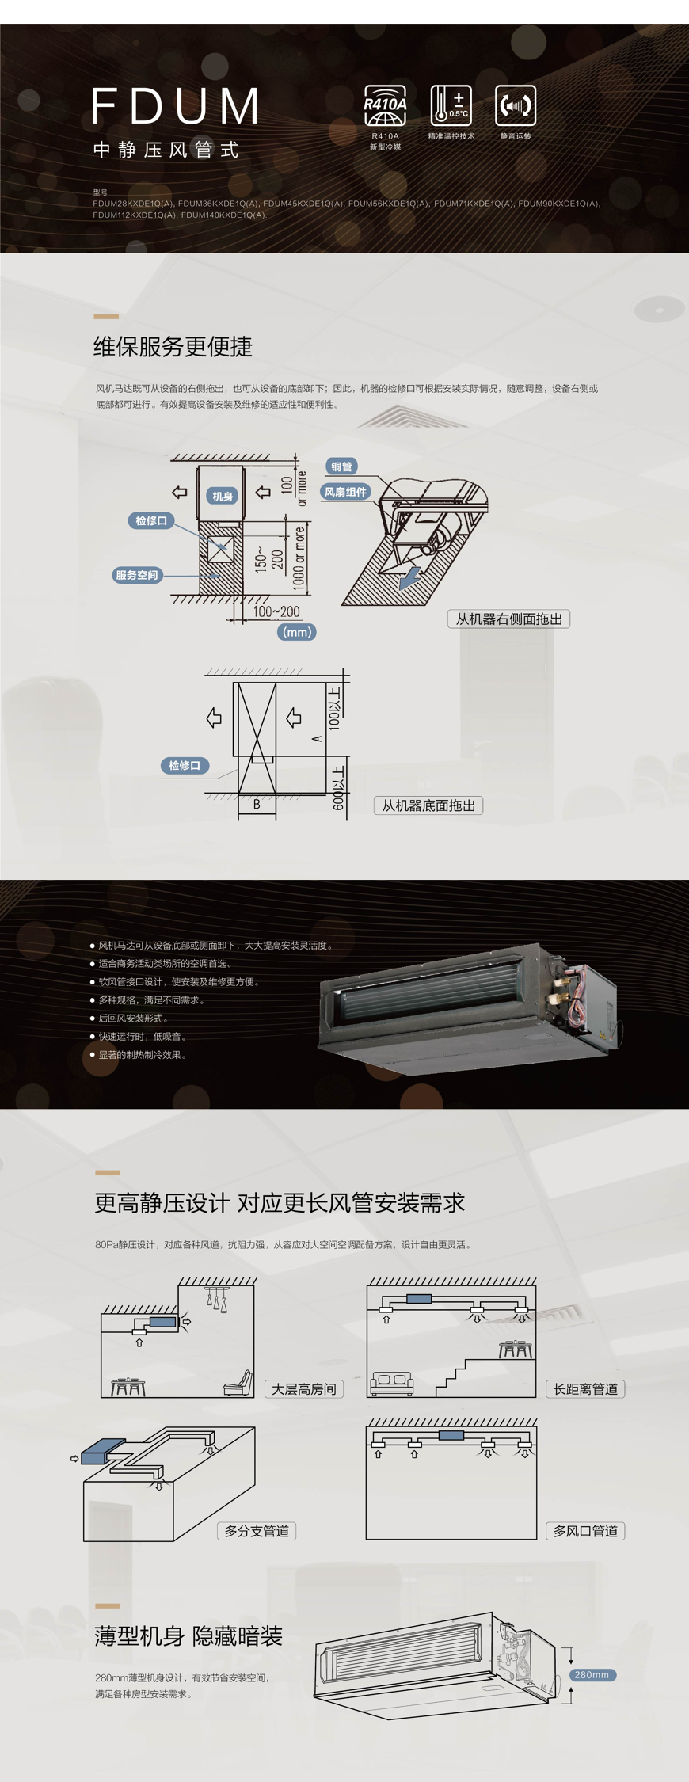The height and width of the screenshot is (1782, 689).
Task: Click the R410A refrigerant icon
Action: click(x=385, y=105)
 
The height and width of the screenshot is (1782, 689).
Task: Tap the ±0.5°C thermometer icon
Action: click(x=451, y=105)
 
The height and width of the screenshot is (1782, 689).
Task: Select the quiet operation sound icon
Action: click(x=516, y=105)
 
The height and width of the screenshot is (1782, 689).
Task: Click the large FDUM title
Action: click(x=175, y=106)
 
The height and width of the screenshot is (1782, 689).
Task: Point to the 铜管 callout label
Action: click(x=342, y=466)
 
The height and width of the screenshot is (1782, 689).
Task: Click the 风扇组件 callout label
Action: click(x=346, y=492)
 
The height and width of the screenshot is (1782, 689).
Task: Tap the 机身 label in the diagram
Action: click(x=223, y=497)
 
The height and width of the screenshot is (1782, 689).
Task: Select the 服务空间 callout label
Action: click(x=137, y=575)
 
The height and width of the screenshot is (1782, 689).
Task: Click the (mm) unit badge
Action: click(x=297, y=632)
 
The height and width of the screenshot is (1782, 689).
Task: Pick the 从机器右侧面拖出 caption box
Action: click(x=509, y=619)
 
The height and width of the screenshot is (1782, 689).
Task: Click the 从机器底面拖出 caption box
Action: click(x=428, y=805)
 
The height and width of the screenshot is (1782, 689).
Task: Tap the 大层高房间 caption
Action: click(x=304, y=1389)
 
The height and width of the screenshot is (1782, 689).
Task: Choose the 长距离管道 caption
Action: click(x=585, y=1389)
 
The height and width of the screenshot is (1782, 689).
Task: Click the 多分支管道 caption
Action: click(x=257, y=1531)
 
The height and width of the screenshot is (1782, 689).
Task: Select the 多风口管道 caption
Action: click(x=585, y=1531)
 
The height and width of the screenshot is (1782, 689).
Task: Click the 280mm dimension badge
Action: click(x=592, y=1675)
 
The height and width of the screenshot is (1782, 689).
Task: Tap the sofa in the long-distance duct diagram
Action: click(x=392, y=1382)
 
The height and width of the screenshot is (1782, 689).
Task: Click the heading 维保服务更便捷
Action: click(x=173, y=347)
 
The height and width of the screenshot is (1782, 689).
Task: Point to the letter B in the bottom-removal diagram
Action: click(x=257, y=804)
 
